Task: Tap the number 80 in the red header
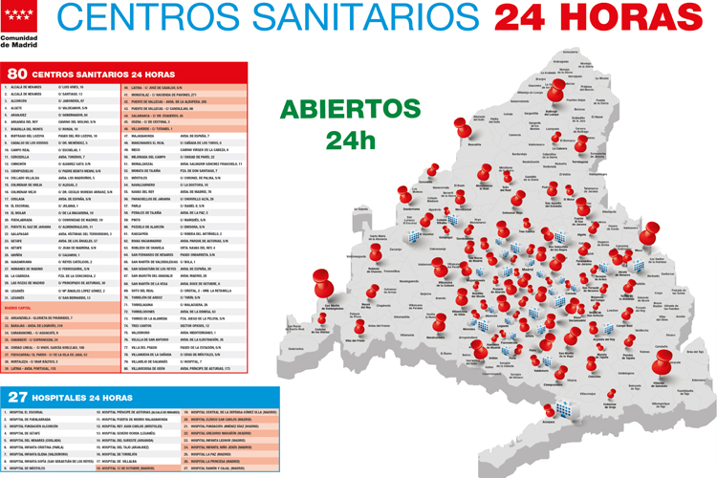[x=16, y=74]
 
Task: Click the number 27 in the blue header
[x=16, y=396]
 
